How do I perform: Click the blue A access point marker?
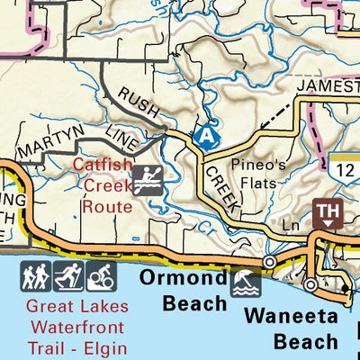206,135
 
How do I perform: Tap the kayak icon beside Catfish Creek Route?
147,183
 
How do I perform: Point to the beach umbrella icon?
245,286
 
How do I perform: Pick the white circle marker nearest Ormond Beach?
268,262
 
